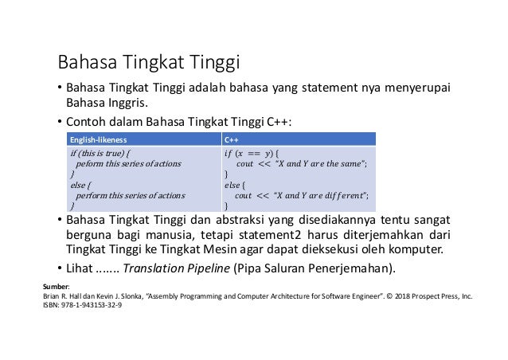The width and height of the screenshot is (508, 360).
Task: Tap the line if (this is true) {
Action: [101, 153]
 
